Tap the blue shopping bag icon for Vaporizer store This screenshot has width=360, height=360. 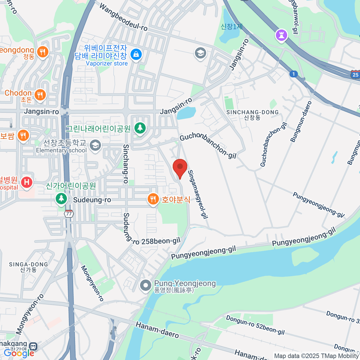point(136,55)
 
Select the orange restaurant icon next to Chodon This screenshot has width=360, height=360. point(40,95)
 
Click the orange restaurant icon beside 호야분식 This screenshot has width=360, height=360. point(153,199)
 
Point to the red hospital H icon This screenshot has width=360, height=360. point(27,182)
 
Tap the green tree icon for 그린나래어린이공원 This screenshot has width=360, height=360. point(139,128)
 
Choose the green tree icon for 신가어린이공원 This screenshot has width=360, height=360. point(61,199)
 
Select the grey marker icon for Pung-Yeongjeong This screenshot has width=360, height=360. point(146,286)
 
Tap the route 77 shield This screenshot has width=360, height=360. point(69,214)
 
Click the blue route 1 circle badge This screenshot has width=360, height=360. point(293,74)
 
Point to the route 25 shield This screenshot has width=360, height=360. point(355,75)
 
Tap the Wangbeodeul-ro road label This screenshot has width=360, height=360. point(123,17)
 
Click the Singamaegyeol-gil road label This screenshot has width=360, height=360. point(198,194)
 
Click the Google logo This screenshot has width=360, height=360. point(19,353)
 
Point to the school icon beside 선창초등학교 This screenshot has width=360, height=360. point(95,146)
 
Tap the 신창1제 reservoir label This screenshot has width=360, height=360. point(232,27)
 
